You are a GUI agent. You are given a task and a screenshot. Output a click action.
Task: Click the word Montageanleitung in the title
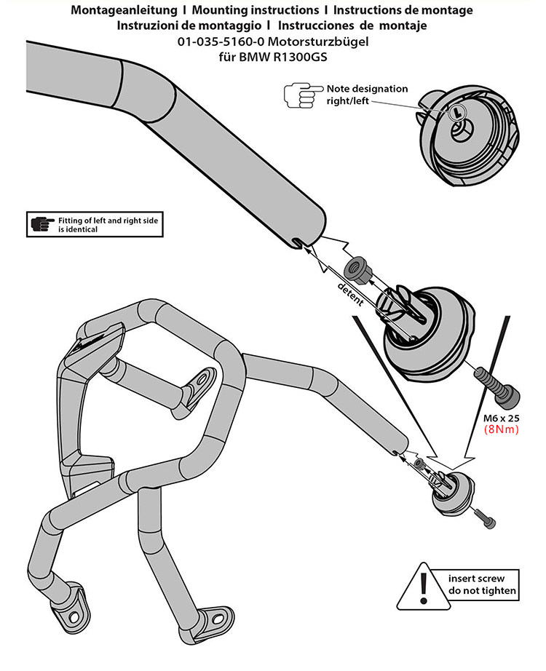pos(124,10)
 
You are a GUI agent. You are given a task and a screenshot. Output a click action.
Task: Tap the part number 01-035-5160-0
pos(221,41)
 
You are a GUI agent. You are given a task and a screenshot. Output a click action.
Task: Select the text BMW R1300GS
pos(282,57)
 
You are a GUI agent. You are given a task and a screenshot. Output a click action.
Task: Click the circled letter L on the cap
pos(456,113)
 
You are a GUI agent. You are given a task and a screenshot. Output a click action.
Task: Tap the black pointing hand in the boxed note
pos(42,224)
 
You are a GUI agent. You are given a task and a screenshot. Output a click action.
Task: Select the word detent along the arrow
pos(351,294)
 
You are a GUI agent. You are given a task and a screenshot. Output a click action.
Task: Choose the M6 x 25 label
pos(501,418)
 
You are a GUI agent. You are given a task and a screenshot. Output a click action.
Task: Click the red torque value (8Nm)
pos(501,429)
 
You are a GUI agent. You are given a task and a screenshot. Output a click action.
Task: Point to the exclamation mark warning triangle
pos(423,587)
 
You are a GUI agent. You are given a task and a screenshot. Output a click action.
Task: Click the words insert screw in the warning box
pos(476,579)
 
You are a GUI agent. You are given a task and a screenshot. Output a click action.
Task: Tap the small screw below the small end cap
pos(485,517)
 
